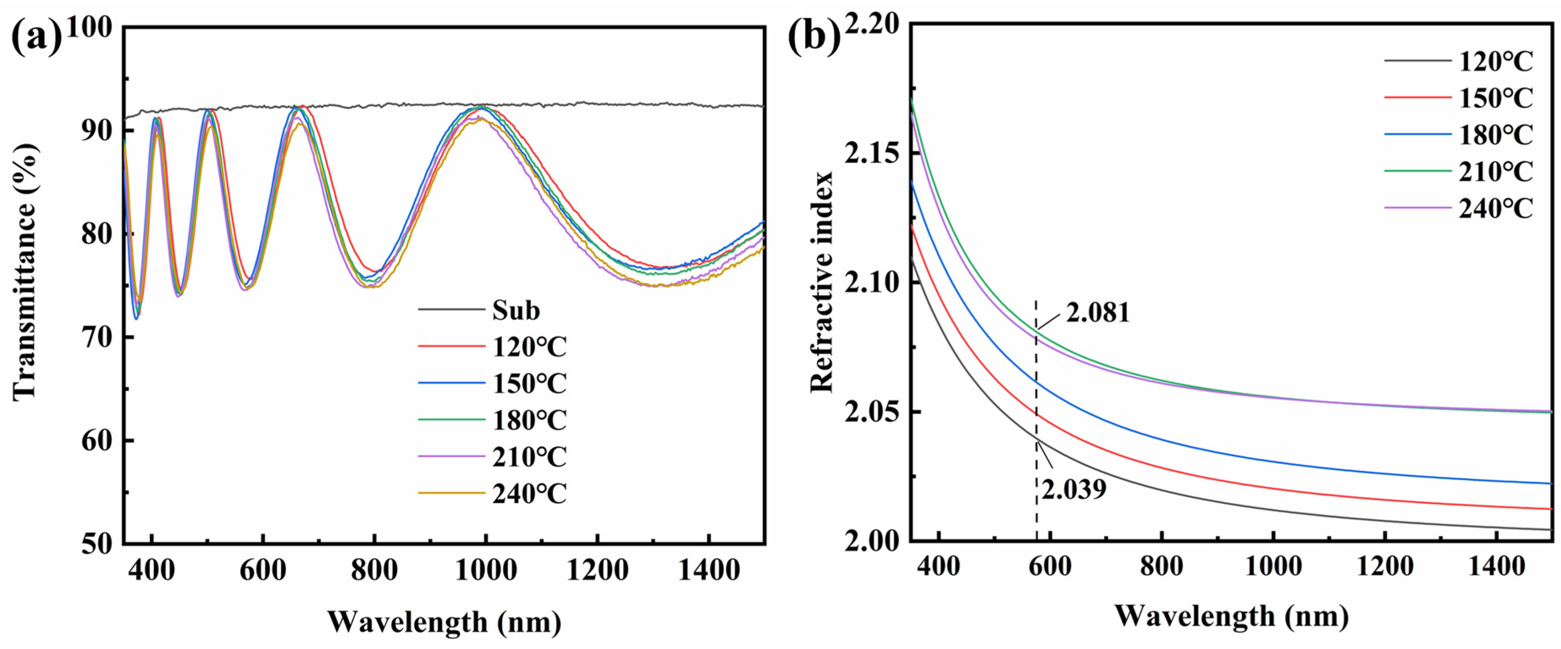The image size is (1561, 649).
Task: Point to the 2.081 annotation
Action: tap(1098, 313)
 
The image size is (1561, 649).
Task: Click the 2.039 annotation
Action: tap(1074, 489)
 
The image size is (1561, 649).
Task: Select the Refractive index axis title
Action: tap(822, 282)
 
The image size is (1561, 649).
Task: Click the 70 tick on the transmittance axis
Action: tap(97, 337)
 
